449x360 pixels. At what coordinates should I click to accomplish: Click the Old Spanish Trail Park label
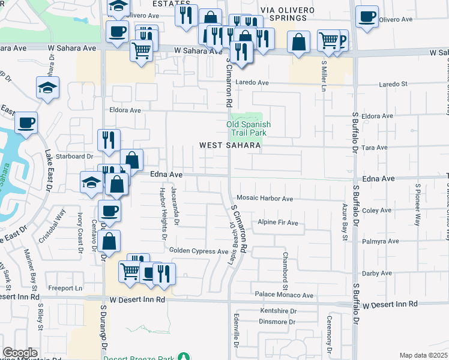coord(249,128)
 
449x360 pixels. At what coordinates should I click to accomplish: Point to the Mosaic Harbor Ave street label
coord(265,199)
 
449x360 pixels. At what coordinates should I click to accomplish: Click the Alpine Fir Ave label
coord(277,223)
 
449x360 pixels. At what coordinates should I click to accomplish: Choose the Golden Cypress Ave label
coord(199,251)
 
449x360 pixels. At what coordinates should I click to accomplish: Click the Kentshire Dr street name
coord(279,311)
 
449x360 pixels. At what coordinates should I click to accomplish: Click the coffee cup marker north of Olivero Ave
coord(366,17)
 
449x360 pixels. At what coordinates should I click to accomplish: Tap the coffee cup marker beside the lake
coord(26,123)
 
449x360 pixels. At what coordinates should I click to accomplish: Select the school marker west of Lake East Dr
coord(47,88)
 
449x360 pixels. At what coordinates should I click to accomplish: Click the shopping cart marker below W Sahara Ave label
coord(141,51)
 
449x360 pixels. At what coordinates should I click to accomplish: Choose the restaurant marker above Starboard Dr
coord(109,140)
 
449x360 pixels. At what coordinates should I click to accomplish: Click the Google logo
coord(20,353)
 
